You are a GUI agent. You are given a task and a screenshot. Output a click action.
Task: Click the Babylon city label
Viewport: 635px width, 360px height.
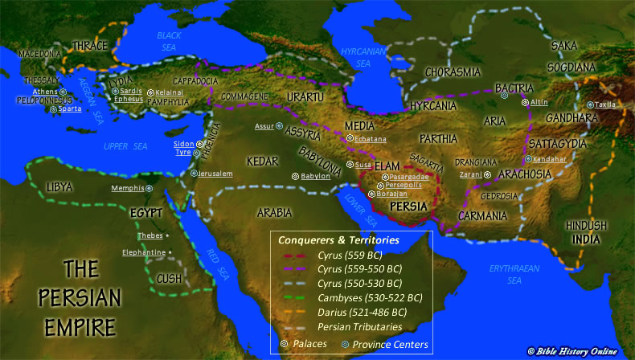[316, 176]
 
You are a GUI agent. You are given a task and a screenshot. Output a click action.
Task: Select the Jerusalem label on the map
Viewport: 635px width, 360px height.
[215, 174]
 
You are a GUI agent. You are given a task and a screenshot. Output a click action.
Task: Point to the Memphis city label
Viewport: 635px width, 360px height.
[127, 188]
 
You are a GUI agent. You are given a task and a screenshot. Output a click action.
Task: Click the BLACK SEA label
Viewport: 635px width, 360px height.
[170, 41]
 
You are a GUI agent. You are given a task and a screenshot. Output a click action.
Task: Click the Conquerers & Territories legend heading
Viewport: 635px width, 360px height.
[338, 239]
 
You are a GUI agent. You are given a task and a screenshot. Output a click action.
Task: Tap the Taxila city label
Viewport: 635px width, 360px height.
[605, 105]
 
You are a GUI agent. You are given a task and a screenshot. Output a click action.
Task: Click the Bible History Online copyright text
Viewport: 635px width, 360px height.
[572, 351]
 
